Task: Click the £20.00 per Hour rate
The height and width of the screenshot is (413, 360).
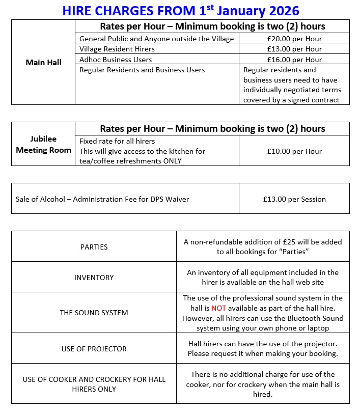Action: (294, 39)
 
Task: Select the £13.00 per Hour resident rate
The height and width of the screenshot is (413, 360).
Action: (294, 49)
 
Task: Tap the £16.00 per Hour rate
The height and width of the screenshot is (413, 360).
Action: (294, 60)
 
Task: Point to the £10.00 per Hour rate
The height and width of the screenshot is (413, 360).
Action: (294, 151)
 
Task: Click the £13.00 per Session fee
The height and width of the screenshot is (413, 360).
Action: (294, 199)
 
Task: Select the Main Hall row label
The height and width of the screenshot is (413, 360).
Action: (43, 63)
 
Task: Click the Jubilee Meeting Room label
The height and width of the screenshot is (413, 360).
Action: (43, 144)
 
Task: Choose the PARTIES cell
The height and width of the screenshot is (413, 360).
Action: (94, 247)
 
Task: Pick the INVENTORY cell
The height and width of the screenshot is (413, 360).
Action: (94, 278)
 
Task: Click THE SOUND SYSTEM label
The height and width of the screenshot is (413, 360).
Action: (94, 313)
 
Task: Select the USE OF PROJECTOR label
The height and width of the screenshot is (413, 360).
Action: (94, 349)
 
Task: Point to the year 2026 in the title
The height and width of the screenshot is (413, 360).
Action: (280, 10)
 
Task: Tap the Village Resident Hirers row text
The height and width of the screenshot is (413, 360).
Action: (117, 49)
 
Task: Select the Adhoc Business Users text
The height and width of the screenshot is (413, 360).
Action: (116, 60)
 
